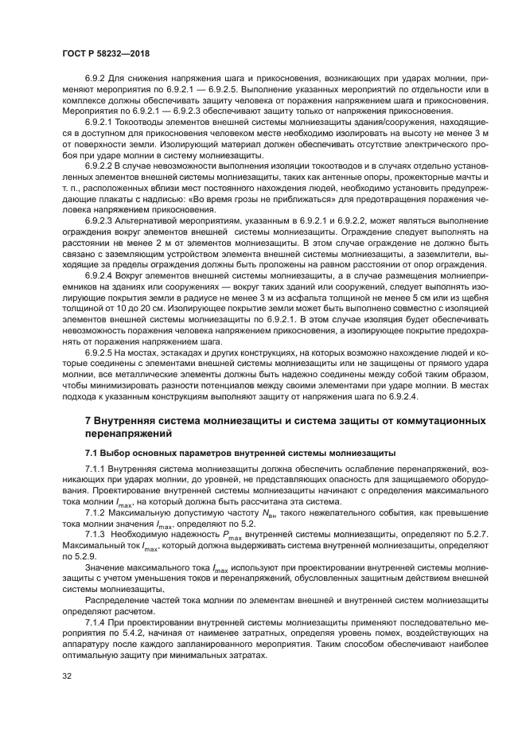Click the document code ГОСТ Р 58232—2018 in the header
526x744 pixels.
pos(106,53)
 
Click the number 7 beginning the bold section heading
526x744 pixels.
pos(88,420)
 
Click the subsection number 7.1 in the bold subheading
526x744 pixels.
pos(93,452)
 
